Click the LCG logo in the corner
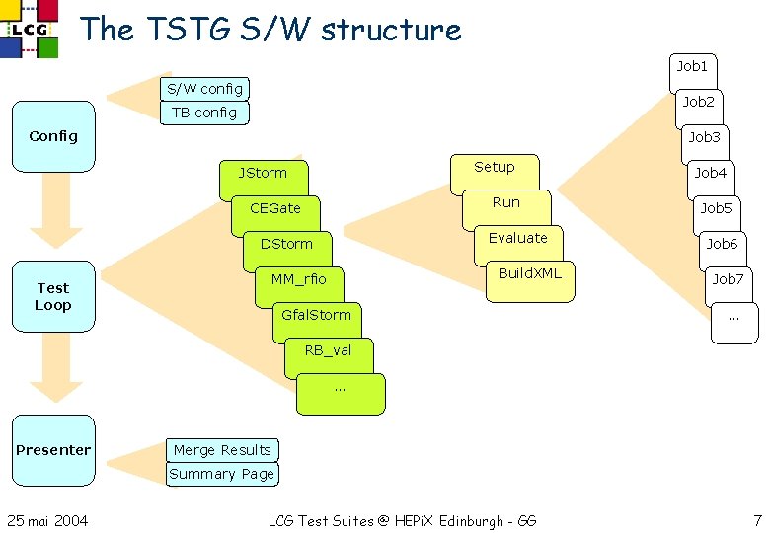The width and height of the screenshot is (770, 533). [29, 29]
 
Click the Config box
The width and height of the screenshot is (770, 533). [53, 136]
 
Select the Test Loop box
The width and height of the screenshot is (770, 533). [53, 296]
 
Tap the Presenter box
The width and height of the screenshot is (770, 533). [53, 450]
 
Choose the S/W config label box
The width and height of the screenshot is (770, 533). [204, 88]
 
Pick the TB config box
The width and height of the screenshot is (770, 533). [204, 113]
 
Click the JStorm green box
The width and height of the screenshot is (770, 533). [263, 174]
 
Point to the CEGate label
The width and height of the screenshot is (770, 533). [275, 208]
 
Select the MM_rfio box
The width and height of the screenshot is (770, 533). [298, 279]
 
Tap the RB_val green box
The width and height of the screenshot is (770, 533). [328, 350]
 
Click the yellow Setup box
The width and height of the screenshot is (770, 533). [494, 168]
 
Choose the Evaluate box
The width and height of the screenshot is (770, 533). [517, 239]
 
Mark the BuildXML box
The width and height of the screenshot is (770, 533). [529, 273]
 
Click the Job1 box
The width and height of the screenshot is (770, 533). [692, 67]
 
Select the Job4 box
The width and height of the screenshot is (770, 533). [710, 174]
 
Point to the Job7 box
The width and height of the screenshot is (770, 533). [728, 280]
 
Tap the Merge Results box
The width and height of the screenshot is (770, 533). [222, 450]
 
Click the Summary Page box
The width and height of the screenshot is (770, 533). [222, 474]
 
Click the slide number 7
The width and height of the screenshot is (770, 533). [756, 519]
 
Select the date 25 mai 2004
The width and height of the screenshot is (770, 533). [47, 520]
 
